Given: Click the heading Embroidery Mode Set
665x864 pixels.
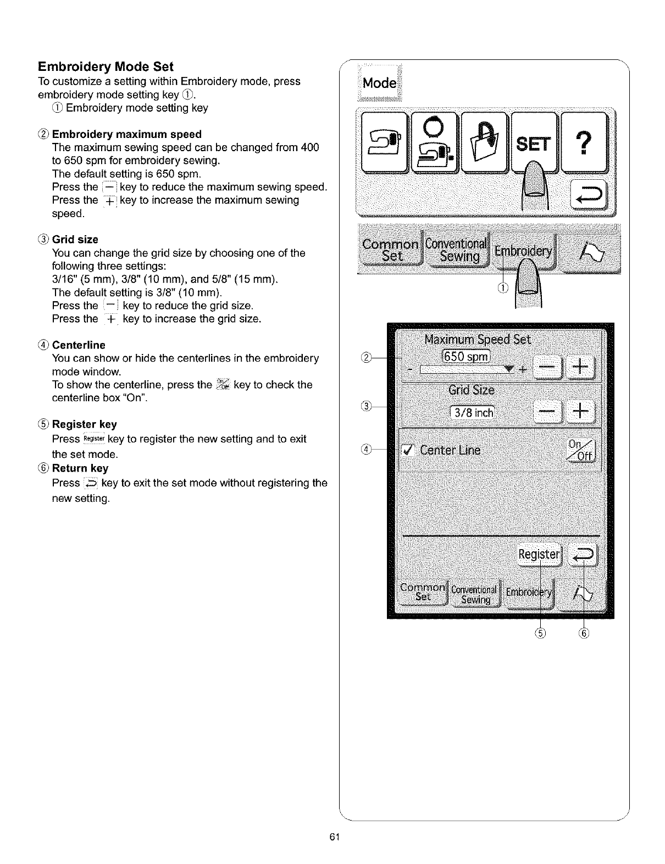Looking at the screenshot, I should pos(106,67).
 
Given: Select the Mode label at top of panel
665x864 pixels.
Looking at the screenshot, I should pos(379,83).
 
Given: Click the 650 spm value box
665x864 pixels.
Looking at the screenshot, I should pos(465,357).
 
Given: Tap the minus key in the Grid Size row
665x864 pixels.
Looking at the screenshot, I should pos(547,411).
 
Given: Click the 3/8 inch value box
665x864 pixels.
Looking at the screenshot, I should pos(472,412).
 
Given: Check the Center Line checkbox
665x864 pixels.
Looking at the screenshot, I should pos(408,451).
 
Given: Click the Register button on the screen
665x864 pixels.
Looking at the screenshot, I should pos(539,555).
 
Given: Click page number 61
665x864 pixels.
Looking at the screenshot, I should pos(332,837).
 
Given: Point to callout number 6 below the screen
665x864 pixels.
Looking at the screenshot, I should pos(584,633).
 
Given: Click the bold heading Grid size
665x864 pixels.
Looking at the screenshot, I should pos(75,240).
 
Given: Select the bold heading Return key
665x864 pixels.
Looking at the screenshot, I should pos(80,468).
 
